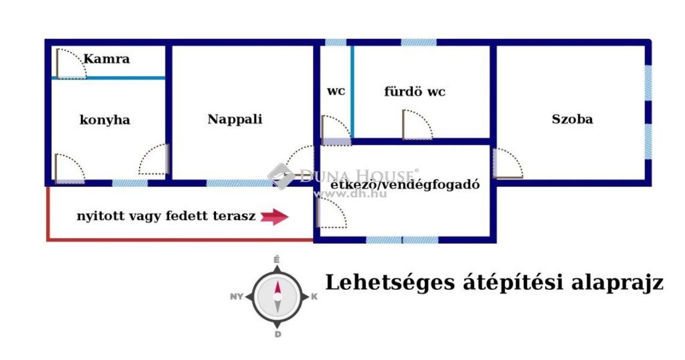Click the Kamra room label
tap(107, 59)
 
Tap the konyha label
tap(105, 120)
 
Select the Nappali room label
tap(235, 119)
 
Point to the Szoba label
tap(572, 119)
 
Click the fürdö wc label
tap(414, 92)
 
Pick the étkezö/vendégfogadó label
tap(405, 184)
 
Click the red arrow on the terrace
tap(274, 216)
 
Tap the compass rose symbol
tap(277, 297)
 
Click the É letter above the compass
tap(277, 260)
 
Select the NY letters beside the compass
tap(236, 296)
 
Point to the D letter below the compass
tap(278, 334)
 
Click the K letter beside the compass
tap(314, 296)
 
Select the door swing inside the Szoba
tap(508, 163)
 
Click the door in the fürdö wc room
tap(417, 125)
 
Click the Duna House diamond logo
tap(281, 176)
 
